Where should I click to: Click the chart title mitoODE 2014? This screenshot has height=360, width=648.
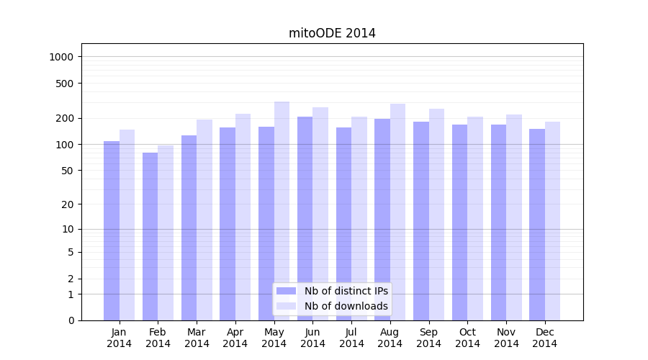point(332,33)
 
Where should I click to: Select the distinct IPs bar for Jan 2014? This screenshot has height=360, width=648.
point(112,230)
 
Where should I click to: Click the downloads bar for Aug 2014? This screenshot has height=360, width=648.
point(397,212)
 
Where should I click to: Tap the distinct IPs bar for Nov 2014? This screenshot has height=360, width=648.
point(498,222)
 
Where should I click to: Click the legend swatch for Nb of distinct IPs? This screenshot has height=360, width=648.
point(286,291)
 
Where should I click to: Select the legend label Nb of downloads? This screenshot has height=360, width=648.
point(346,306)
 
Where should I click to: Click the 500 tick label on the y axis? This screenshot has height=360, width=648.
point(65,84)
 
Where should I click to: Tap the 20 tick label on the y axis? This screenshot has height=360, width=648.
point(68,204)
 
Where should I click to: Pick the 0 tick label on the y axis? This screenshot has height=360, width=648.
point(71,320)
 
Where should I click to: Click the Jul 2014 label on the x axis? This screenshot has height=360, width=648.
point(351,338)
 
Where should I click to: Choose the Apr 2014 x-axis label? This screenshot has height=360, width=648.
point(235,338)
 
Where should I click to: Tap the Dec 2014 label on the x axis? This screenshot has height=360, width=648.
point(544,338)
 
